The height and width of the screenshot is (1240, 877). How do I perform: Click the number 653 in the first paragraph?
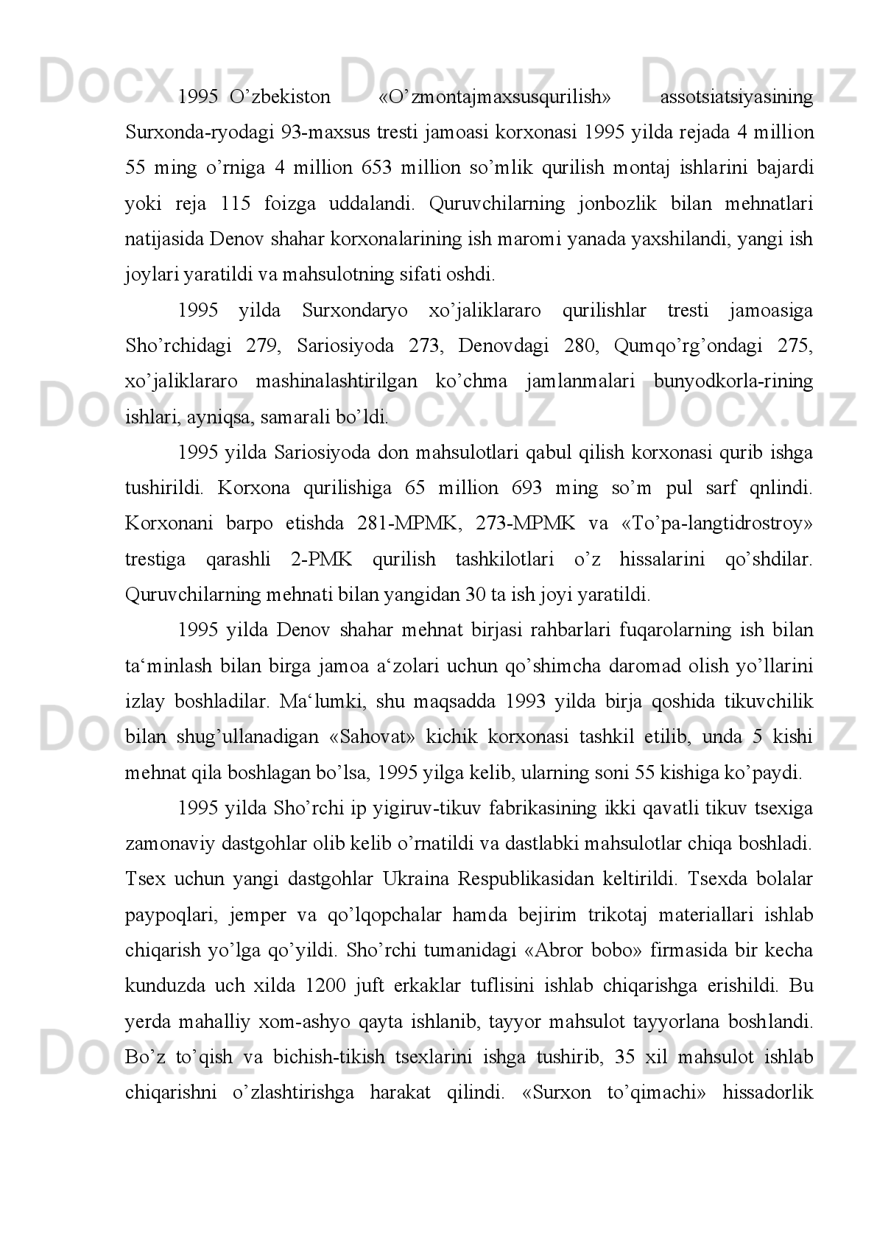[x=376, y=168]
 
